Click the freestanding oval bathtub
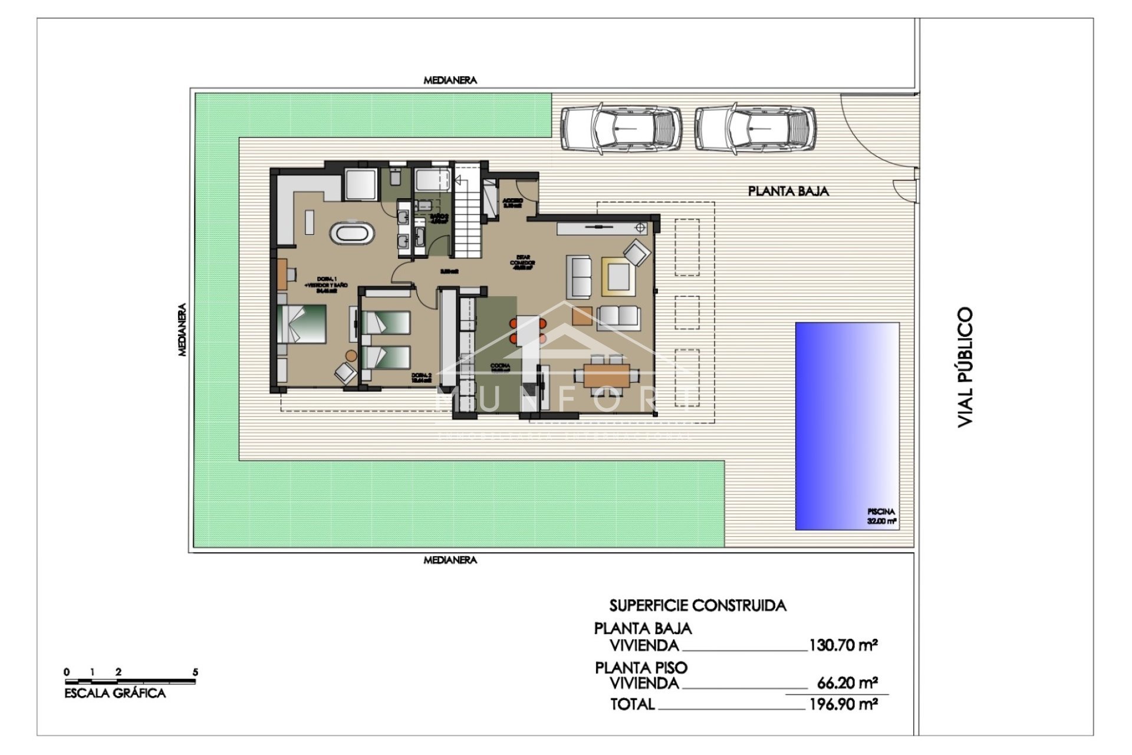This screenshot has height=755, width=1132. point(352,233)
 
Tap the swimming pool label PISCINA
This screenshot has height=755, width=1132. point(881,512)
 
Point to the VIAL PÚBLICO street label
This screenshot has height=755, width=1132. point(965,367)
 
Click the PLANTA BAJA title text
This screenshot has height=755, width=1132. point(788,191)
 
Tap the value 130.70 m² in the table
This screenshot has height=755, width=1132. point(843,645)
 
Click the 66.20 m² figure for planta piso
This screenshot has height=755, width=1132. point(847,683)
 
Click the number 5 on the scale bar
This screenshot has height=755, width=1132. point(196,672)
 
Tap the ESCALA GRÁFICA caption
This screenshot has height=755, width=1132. point(115,694)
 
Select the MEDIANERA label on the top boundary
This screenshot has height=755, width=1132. point(450,80)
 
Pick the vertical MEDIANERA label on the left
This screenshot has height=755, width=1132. point(182,330)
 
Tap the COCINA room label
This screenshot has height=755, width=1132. point(501,366)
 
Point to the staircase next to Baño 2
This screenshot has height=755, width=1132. point(468,215)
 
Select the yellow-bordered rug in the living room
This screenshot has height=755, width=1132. point(618,276)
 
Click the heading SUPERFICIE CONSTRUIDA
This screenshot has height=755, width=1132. point(697,605)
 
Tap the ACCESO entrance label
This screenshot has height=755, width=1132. point(513,201)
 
